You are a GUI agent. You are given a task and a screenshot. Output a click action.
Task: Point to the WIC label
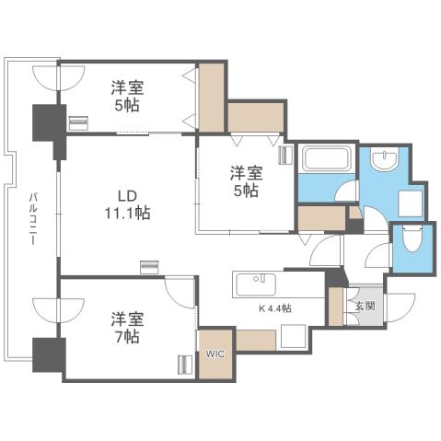point(215,352)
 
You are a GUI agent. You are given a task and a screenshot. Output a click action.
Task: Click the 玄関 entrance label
point(363,304)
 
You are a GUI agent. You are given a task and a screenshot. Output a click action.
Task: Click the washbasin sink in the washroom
point(384,162)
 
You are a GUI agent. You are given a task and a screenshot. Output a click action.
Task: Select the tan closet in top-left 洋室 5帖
point(213,97)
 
